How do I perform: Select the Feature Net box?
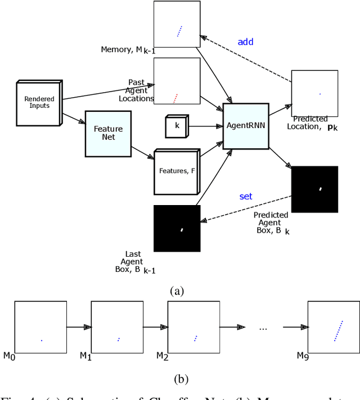[108, 133]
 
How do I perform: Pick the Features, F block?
[176, 171]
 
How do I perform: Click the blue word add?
[245, 42]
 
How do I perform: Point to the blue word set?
[246, 196]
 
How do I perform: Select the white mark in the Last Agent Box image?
[181, 229]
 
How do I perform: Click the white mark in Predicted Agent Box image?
[320, 189]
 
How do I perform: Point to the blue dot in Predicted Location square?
[319, 94]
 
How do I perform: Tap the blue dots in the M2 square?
[195, 338]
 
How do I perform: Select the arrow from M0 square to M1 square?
[79, 327]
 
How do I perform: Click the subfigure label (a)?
[177, 290]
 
